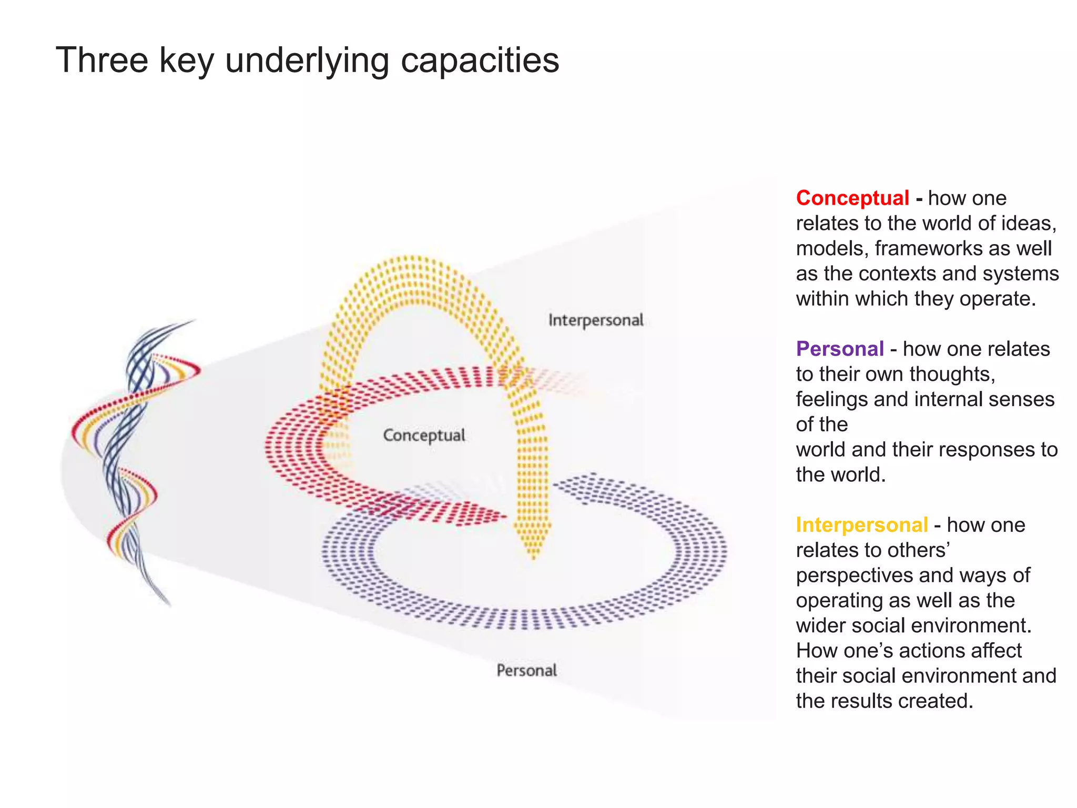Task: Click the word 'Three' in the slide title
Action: click(102, 60)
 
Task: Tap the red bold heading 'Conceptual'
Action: click(852, 198)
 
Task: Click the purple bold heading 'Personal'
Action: click(839, 349)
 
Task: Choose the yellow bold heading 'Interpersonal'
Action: click(861, 525)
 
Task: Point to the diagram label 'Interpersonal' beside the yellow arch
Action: click(595, 320)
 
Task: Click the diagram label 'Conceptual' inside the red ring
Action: click(424, 435)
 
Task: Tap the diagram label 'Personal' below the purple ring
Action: click(526, 670)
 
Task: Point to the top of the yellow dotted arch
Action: click(413, 260)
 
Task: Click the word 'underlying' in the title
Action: click(307, 60)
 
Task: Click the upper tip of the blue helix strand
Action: click(194, 320)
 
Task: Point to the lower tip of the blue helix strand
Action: click(168, 604)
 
